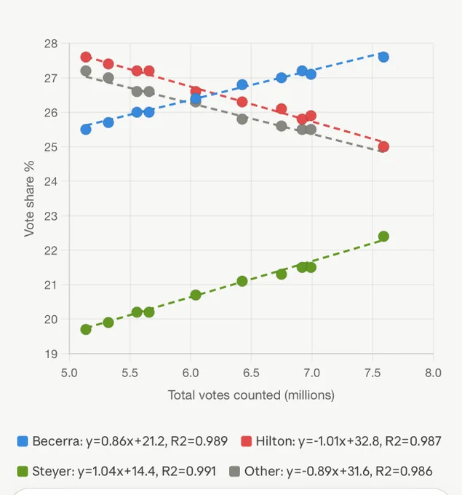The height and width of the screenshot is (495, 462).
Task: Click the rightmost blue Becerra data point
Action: click(383, 57)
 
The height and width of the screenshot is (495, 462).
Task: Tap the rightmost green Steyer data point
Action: click(383, 237)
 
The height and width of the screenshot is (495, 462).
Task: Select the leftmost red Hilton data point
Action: click(86, 57)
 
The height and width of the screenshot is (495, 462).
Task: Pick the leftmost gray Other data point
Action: click(86, 71)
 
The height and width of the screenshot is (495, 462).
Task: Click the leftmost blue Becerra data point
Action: click(86, 130)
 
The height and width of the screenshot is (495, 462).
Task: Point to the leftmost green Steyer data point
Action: click(86, 330)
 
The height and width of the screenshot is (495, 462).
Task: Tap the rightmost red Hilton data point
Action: click(383, 147)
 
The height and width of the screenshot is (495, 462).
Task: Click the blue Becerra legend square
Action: click(23, 441)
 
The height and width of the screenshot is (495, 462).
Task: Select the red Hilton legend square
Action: click(246, 441)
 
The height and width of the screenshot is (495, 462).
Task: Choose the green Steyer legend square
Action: click(23, 471)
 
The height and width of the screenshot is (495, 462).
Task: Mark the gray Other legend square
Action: click(234, 471)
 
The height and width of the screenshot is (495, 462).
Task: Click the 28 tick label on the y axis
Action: click(51, 44)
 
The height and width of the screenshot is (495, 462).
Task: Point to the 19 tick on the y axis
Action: click(51, 355)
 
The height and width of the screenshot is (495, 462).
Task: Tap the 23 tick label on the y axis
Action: click(51, 216)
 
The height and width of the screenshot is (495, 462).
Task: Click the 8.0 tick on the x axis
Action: click(433, 373)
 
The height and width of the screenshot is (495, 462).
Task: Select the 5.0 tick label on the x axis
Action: click(69, 373)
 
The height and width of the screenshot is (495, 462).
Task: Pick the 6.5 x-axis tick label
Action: click(251, 373)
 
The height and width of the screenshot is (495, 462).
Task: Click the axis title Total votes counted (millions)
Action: click(251, 395)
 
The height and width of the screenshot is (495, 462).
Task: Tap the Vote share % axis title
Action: click(29, 199)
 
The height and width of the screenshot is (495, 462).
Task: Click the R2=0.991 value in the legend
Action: click(188, 471)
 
